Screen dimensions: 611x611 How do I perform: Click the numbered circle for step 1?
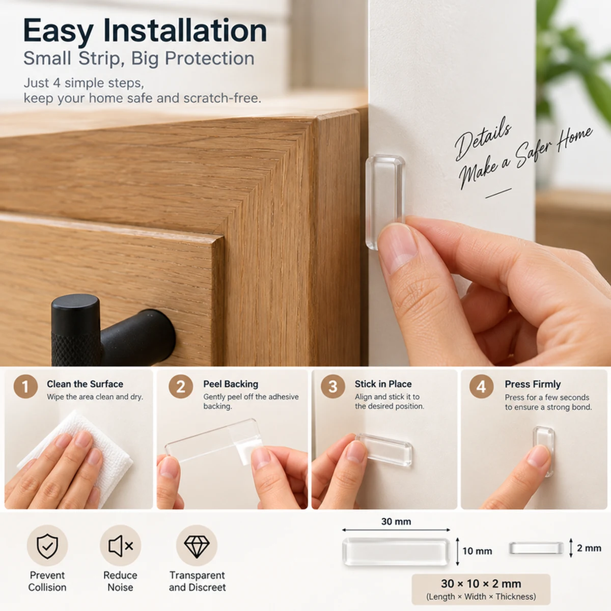click(25, 386)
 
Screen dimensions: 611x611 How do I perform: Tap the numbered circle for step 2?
click(181, 386)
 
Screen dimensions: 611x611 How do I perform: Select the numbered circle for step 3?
click(332, 386)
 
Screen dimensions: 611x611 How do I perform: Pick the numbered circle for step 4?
click(481, 386)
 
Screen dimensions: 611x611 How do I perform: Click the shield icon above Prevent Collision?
click(47, 546)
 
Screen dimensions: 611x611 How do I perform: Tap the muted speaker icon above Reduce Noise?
click(121, 546)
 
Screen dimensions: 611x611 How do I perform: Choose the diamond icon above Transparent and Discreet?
click(197, 546)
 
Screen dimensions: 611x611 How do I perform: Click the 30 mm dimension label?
click(396, 521)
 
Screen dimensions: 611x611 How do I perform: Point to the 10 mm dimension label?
click(477, 551)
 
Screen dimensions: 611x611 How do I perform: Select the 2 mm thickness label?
click(589, 548)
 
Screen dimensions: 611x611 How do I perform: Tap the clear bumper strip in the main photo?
click(385, 201)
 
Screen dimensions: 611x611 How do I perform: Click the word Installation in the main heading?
click(185, 31)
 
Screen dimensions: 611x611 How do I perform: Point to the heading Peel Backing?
click(231, 384)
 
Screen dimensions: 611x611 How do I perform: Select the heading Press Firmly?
click(533, 384)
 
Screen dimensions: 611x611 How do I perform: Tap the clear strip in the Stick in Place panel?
click(384, 450)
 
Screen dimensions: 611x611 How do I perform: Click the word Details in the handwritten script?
click(483, 140)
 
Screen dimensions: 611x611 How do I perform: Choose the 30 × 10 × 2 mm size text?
click(481, 584)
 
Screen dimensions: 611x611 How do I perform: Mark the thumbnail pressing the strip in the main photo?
click(398, 247)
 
